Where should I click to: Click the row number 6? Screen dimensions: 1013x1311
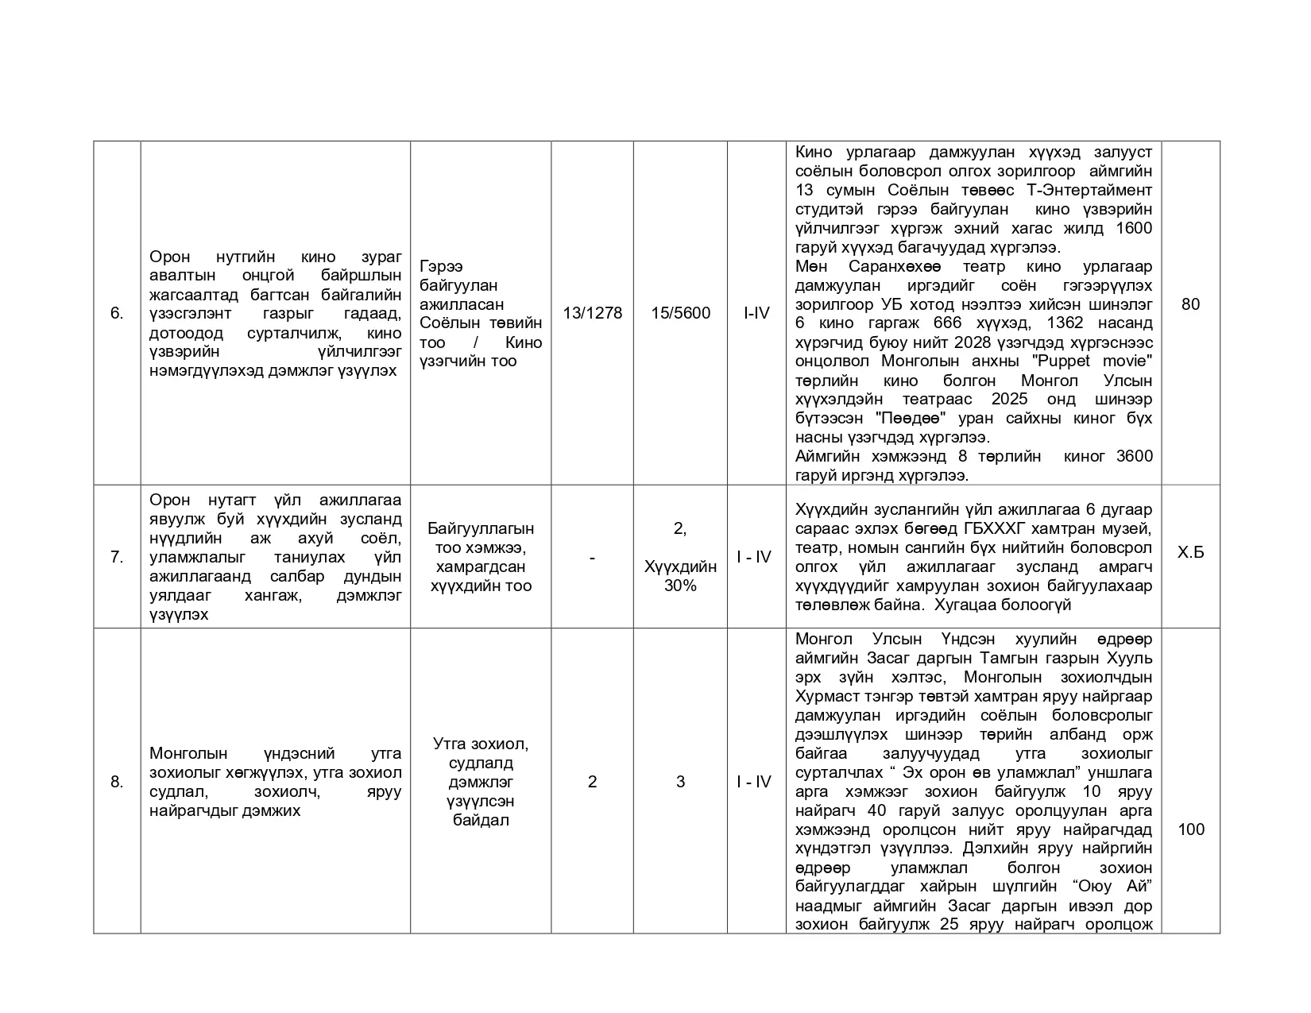pyautogui.click(x=117, y=313)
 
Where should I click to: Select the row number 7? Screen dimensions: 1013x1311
pyautogui.click(x=117, y=557)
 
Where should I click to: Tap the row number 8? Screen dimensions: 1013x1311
pyautogui.click(x=117, y=782)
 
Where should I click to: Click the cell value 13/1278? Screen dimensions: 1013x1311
pyautogui.click(x=592, y=313)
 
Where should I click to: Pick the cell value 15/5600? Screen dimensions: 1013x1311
pyautogui.click(x=680, y=313)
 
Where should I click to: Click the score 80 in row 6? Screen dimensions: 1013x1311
pyautogui.click(x=1190, y=304)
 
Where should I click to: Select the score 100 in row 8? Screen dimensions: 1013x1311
pyautogui.click(x=1190, y=829)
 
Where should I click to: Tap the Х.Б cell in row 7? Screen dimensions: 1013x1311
pyautogui.click(x=1190, y=552)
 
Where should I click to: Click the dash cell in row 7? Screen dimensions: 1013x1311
pyautogui.click(x=592, y=558)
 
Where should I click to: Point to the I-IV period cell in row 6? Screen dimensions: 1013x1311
pyautogui.click(x=756, y=313)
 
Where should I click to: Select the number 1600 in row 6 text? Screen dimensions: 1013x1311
pyautogui.click(x=1134, y=229)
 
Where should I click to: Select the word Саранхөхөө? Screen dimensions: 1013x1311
pyautogui.click(x=895, y=266)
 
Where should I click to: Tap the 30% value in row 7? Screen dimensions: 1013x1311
pyautogui.click(x=680, y=586)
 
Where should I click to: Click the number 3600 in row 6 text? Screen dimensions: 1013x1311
pyautogui.click(x=1134, y=456)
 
